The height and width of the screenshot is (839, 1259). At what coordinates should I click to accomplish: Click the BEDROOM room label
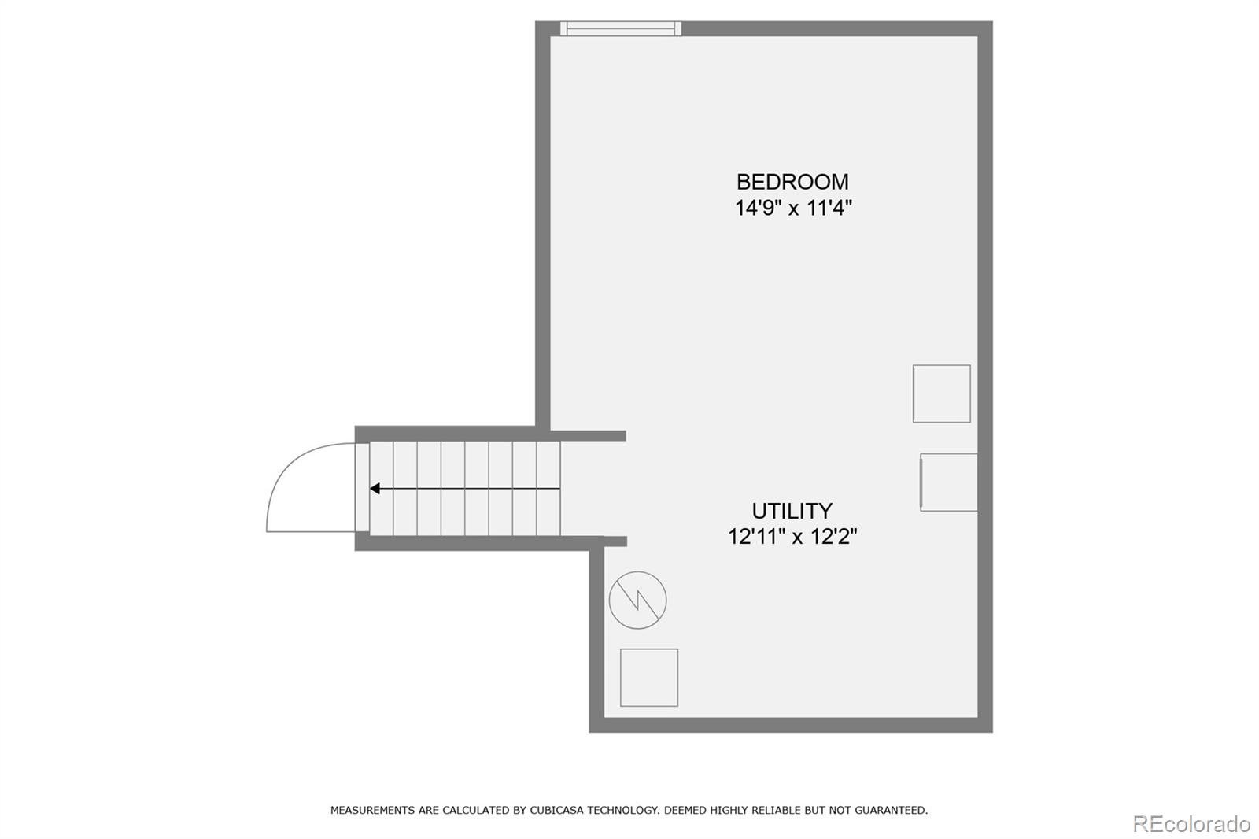[x=792, y=182]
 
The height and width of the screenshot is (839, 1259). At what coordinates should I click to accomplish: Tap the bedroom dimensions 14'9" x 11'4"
[x=793, y=209]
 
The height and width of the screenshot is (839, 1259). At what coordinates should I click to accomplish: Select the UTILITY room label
[x=792, y=511]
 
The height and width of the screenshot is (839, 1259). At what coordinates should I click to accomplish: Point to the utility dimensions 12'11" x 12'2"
[x=792, y=537]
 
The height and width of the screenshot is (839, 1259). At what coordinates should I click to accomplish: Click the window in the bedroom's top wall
[x=621, y=29]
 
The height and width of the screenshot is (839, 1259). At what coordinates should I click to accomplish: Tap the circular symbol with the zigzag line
[x=637, y=600]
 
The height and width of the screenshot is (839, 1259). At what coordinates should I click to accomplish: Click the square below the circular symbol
[x=649, y=678]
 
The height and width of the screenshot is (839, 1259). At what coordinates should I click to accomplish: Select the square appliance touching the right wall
[x=949, y=482]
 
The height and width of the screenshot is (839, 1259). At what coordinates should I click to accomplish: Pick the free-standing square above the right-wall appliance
[x=941, y=394]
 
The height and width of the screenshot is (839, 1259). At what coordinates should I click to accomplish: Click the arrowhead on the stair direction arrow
[x=375, y=489]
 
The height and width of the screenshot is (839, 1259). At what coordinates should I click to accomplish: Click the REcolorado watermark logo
[x=1191, y=824]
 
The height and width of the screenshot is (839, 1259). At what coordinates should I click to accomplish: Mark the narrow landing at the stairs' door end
[x=362, y=488]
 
